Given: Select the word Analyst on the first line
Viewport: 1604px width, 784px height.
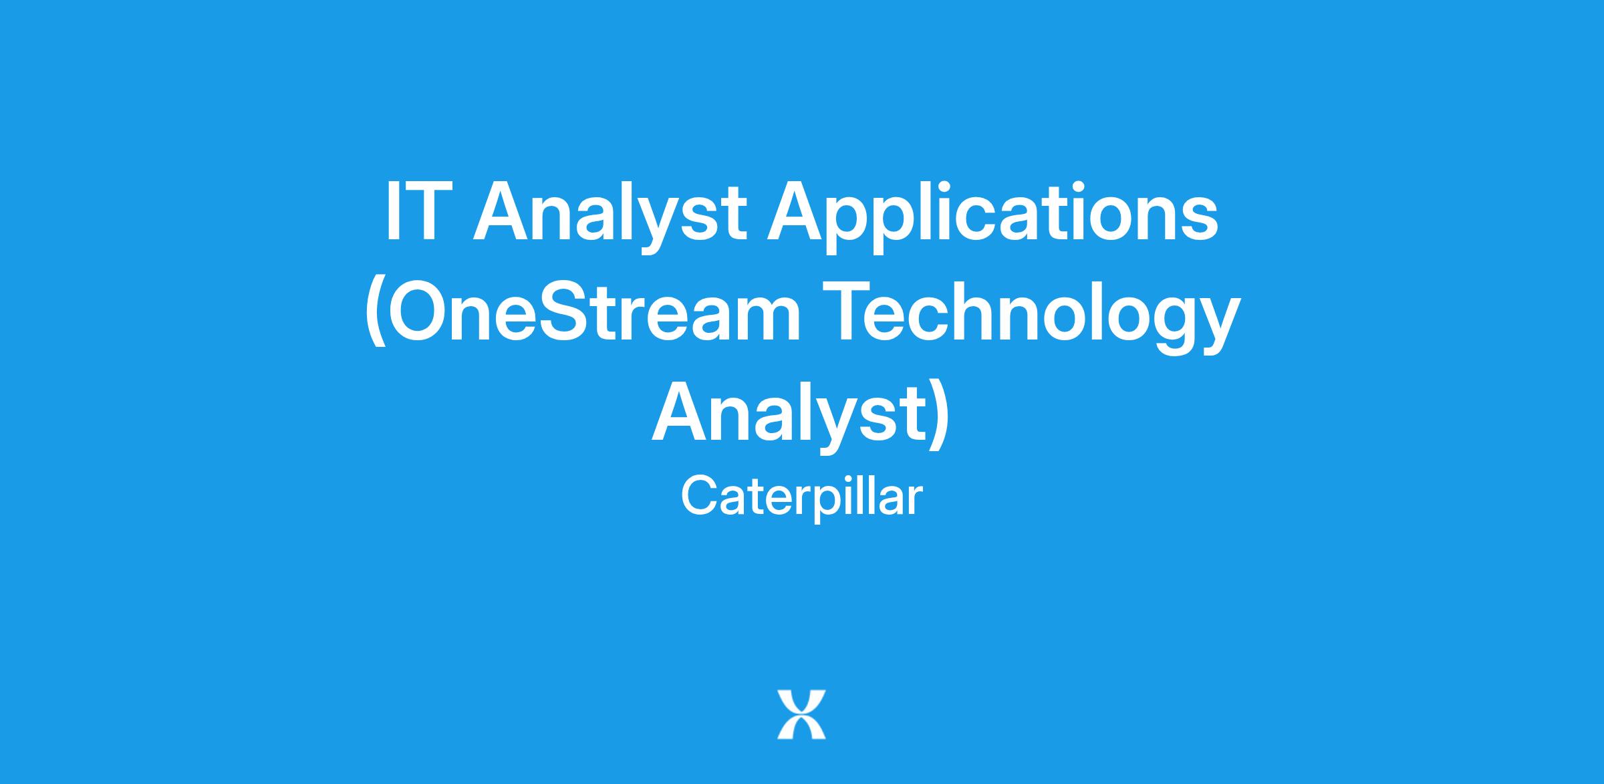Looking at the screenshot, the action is point(610,217).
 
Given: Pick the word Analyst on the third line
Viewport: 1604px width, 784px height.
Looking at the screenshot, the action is point(789,417).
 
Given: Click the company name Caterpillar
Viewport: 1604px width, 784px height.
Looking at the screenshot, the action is point(801,498).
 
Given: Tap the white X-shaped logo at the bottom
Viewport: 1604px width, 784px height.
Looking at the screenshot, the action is point(801,714).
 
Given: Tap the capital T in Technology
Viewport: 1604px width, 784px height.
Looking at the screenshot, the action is point(849,311).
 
